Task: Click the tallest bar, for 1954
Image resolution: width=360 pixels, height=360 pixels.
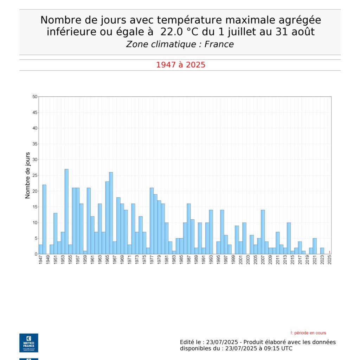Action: pyautogui.click(x=66, y=211)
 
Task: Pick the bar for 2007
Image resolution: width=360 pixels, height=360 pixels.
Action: pyautogui.click(x=263, y=232)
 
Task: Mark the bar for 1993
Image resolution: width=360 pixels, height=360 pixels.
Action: pyautogui.click(x=211, y=232)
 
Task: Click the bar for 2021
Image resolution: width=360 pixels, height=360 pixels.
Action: pyautogui.click(x=315, y=246)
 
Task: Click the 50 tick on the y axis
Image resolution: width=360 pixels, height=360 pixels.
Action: pyautogui.click(x=35, y=97)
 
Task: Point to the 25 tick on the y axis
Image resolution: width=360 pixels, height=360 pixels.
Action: pyautogui.click(x=35, y=175)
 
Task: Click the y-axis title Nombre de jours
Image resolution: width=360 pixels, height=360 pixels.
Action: pyautogui.click(x=28, y=175)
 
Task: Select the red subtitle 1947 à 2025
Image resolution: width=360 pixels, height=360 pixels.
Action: pyautogui.click(x=180, y=65)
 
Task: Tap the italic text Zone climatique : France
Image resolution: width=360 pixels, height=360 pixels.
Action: pyautogui.click(x=180, y=44)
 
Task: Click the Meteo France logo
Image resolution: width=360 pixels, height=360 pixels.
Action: pyautogui.click(x=28, y=343)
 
